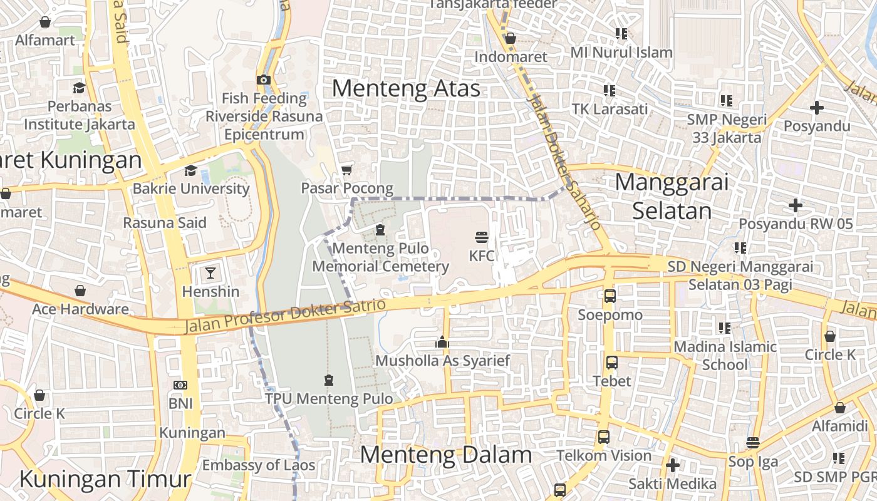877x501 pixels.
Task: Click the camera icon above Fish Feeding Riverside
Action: click(263, 80)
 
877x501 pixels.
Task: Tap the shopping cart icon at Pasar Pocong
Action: click(346, 170)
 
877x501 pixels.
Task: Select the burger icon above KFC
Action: click(481, 237)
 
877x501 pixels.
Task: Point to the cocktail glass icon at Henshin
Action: click(210, 273)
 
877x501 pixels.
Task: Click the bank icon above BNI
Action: click(180, 385)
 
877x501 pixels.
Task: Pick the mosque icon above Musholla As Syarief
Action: click(442, 342)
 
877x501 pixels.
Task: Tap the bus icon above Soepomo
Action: click(610, 296)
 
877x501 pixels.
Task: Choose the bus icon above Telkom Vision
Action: click(603, 437)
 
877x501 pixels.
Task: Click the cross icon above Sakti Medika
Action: click(673, 465)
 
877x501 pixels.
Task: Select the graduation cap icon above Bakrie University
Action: click(190, 170)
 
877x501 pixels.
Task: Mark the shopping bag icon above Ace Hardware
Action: click(80, 291)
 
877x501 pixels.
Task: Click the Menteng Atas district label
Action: click(406, 88)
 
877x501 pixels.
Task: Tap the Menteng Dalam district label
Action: click(446, 455)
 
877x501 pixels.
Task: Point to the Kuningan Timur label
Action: click(105, 480)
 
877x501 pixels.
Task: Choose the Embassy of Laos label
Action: click(258, 465)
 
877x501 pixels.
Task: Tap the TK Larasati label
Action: click(610, 109)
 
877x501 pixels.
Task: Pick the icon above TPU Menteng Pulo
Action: click(329, 380)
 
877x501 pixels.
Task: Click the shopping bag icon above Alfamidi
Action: click(839, 408)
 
